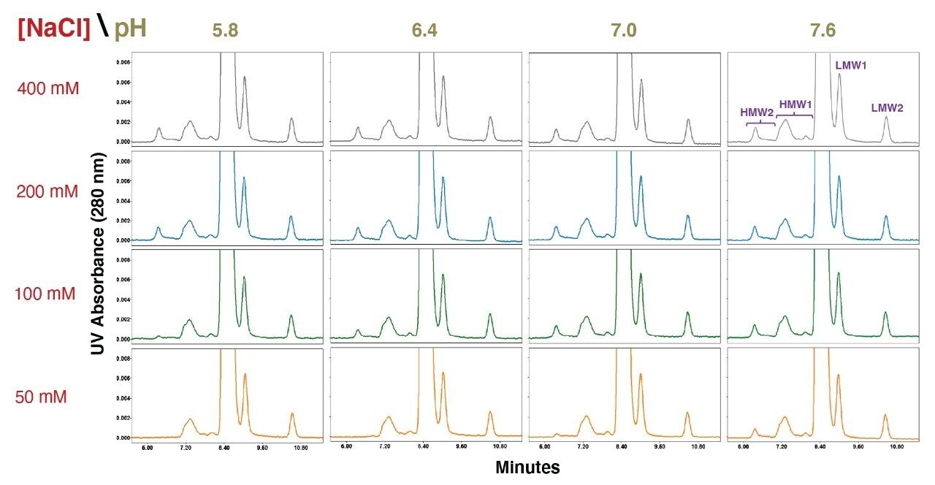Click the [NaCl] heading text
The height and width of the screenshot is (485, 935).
tap(53, 29)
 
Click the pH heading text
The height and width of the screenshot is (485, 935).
tap(129, 29)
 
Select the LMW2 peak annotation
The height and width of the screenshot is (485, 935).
tap(887, 108)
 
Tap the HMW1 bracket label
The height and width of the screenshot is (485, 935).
tap(794, 104)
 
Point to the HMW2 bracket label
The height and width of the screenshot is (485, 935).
tap(757, 112)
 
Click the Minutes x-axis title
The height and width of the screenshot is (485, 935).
tap(527, 467)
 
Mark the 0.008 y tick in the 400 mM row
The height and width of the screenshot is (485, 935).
tap(123, 63)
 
